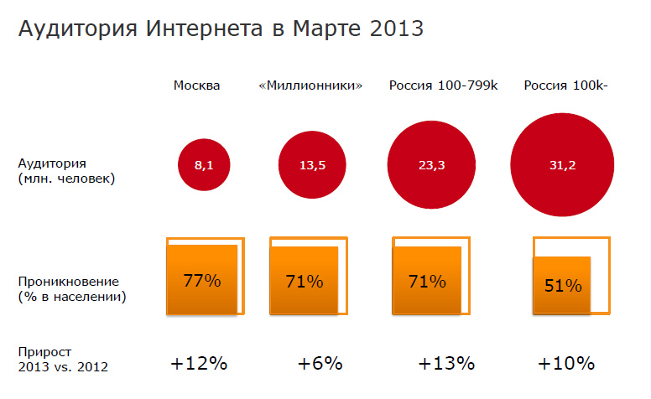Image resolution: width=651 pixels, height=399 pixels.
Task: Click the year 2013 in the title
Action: tap(393, 29)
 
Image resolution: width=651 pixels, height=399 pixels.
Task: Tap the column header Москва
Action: tap(197, 85)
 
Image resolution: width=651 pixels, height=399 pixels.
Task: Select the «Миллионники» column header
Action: tap(311, 85)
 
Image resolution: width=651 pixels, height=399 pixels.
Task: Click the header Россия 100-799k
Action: tap(444, 85)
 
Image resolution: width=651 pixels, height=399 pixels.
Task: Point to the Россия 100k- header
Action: tap(565, 85)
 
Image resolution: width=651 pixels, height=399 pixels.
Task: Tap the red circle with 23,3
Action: tap(431, 165)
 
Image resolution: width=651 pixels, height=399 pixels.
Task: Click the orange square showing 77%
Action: tap(202, 281)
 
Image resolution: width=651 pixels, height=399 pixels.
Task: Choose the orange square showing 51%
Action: tap(563, 285)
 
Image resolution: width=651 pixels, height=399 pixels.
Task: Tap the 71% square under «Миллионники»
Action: tap(304, 281)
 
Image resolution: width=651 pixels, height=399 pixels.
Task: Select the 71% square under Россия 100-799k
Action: tap(428, 281)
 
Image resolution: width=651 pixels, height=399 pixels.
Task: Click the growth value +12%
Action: tap(199, 364)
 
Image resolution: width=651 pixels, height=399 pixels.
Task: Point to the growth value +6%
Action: tap(320, 364)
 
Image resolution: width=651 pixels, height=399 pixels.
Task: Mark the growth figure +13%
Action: tap(446, 364)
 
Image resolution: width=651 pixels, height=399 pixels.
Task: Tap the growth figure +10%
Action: tap(566, 364)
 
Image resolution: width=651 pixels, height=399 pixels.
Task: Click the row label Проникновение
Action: tap(68, 281)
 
